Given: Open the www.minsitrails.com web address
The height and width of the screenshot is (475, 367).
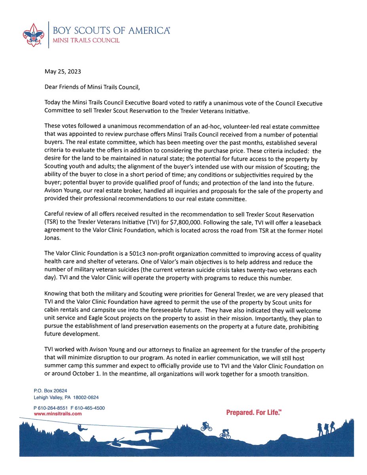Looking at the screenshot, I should point(58,413).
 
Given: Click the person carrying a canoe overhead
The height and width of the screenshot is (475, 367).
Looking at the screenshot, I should point(149,433).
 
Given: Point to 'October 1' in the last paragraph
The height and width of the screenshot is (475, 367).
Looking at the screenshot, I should point(72,374).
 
